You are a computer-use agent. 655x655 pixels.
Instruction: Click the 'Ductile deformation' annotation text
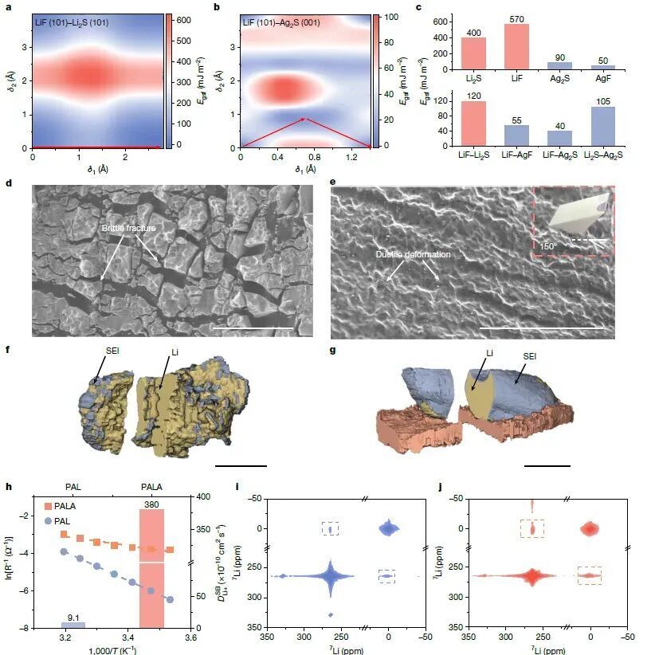tap(413, 254)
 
